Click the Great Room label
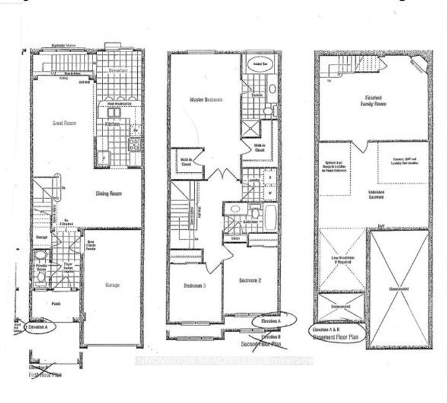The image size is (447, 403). (x=65, y=124)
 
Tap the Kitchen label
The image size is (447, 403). (x=112, y=124)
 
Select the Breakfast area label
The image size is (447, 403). (x=117, y=71)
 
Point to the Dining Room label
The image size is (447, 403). (x=109, y=194)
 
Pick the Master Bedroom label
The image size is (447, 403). (x=205, y=99)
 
